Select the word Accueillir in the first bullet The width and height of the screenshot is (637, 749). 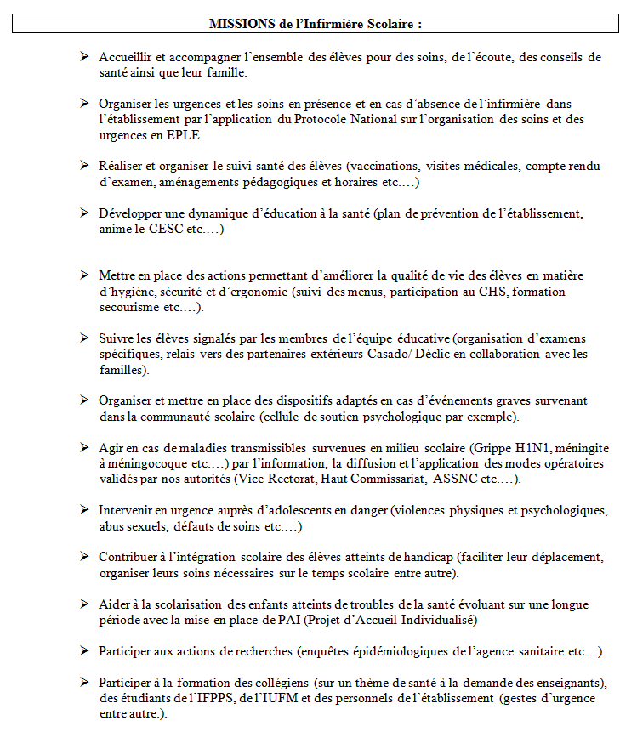pyautogui.click(x=124, y=57)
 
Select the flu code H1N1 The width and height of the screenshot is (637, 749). pyautogui.click(x=518, y=447)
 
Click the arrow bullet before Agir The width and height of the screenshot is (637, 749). pyautogui.click(x=84, y=447)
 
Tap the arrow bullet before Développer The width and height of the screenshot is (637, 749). pyautogui.click(x=84, y=213)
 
